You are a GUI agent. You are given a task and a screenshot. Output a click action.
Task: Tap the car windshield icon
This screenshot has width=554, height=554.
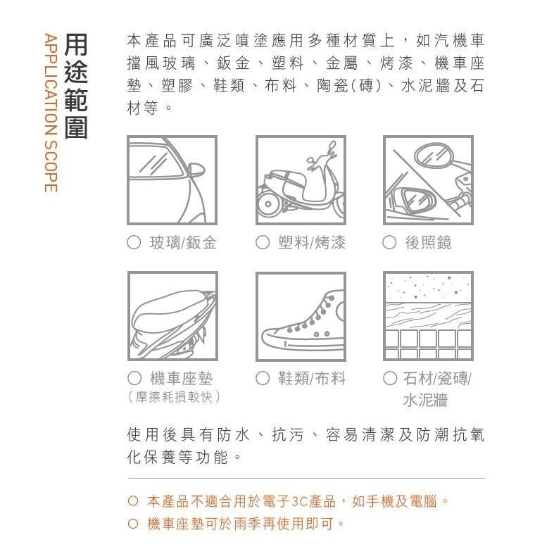tap(172, 180)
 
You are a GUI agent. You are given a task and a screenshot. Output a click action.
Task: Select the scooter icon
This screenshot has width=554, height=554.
tap(301, 180)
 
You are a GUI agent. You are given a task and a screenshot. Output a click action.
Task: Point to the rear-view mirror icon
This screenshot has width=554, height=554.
tap(428, 180)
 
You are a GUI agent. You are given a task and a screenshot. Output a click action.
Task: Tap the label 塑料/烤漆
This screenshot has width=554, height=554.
tap(310, 243)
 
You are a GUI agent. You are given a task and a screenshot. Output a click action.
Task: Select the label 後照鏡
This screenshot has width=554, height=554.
tap(429, 243)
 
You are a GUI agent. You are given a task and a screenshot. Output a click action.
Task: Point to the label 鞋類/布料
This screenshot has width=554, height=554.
tap(310, 379)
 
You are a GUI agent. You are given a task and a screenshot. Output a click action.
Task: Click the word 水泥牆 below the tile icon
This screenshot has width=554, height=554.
tap(425, 401)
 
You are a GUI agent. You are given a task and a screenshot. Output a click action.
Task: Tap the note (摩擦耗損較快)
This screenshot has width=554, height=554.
tap(175, 397)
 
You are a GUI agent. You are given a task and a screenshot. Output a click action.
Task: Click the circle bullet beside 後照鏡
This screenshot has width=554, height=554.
tap(389, 243)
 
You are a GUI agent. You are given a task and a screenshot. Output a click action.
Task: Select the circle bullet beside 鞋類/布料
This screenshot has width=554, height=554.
tap(262, 379)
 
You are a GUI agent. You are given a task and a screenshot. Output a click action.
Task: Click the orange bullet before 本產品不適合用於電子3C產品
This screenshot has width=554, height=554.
tap(132, 502)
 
